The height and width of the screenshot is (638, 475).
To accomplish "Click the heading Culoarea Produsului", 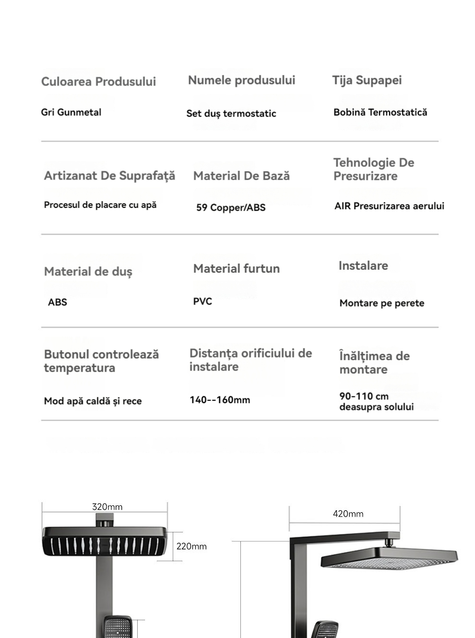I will pos(98,82).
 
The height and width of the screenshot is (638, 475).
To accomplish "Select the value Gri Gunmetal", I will pos(71,112).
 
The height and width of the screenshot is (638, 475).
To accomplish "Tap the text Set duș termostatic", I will pos(231,114).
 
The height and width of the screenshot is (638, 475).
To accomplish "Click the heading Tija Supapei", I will pos(367,80).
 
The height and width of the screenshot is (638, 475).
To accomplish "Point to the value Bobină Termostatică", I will pos(380,112).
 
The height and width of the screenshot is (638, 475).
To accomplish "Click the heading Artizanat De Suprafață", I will pos(109,176).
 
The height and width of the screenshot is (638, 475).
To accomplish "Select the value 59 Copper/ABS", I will pos(231,208).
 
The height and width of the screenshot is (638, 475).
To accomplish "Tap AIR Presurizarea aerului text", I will pos(389,206).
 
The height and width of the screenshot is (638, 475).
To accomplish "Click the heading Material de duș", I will pos(88,272).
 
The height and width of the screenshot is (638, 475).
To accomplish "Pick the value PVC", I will pos(202,301).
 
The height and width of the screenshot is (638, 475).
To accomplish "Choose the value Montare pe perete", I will pos(381,303).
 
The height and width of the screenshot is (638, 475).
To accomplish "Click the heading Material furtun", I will pos(237,269).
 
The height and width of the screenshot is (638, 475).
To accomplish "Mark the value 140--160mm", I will pos(220,400).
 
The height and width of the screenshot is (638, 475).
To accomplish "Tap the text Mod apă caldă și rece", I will pos(93,401).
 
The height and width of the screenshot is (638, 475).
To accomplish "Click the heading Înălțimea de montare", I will pos(374,363).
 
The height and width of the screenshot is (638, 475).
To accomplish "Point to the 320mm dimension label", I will pos(107,507).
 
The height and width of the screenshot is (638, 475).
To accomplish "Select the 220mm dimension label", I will pos(191,546).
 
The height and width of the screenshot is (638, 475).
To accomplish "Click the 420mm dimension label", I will pos(348,514).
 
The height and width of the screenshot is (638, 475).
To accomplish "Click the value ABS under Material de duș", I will pos(58,302).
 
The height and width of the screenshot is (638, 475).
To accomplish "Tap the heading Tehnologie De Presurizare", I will pos(373,169).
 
